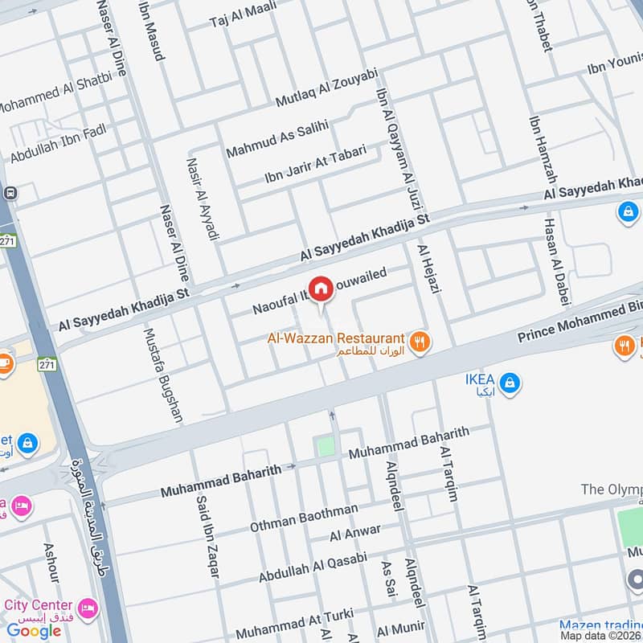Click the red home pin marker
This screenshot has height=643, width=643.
point(321,289)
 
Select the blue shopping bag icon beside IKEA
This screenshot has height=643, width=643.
point(508,384)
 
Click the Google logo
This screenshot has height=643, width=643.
point(34,630)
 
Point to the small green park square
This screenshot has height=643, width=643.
point(326,446)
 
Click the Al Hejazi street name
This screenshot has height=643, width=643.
point(426,269)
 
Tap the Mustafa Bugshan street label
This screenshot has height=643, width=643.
point(163,375)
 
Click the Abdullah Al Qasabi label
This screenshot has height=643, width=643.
point(313,567)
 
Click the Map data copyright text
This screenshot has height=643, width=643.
point(600,635)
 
